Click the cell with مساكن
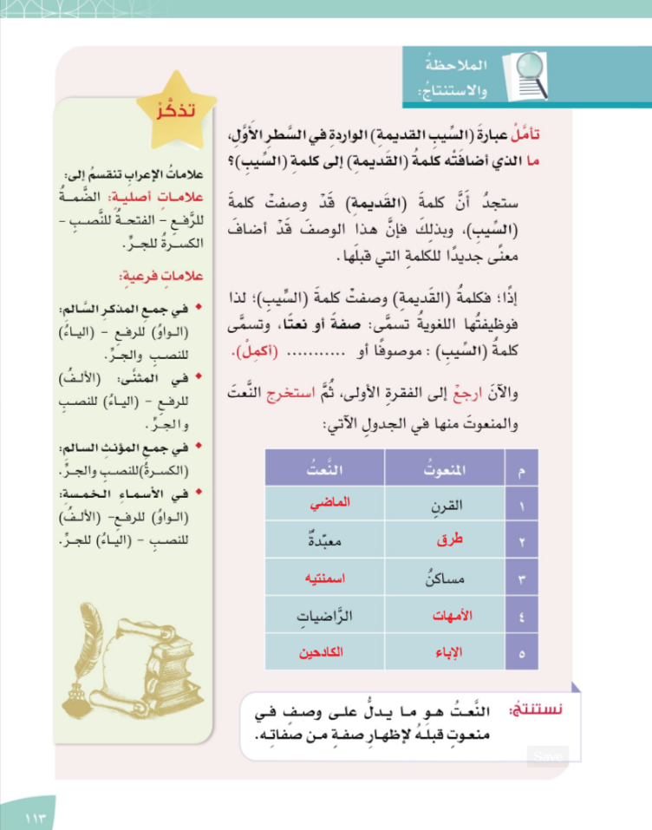(448, 578)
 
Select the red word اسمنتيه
(325, 578)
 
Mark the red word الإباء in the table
(450, 651)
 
